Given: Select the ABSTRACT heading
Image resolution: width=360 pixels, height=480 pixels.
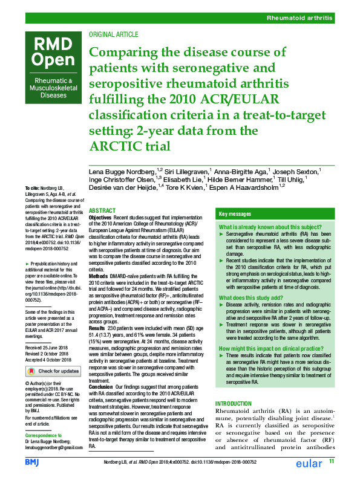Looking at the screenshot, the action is coord(102,210).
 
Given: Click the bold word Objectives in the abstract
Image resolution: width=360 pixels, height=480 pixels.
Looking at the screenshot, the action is coord(100,217).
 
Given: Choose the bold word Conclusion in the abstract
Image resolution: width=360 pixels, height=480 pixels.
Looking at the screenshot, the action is coord(102,386).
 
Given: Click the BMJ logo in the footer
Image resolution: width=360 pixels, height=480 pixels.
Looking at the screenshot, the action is coord(32,462).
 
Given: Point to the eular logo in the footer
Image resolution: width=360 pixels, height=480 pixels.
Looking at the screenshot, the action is coord(306,464).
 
